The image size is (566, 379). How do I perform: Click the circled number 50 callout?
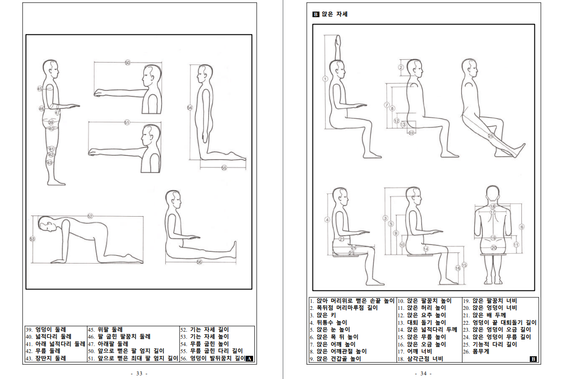(x=128, y=63)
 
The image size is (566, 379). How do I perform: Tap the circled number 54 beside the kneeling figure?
(x=190, y=108)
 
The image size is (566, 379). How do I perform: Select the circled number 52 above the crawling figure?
(x=90, y=216)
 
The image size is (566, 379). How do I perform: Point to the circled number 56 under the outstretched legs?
(x=199, y=262)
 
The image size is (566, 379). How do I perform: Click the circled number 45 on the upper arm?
(x=39, y=89)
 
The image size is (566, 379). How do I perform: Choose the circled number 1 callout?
(x=325, y=79)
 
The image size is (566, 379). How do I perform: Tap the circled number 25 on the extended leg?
(x=490, y=136)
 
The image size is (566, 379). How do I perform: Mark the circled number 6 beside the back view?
(x=522, y=227)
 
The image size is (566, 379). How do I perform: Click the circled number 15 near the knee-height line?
(x=464, y=265)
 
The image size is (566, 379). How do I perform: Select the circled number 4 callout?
(x=327, y=220)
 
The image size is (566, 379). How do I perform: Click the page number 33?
(x=139, y=373)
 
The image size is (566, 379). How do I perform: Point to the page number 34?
(x=423, y=373)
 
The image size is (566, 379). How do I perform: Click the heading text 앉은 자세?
(x=335, y=14)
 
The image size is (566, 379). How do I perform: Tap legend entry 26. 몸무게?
(x=476, y=352)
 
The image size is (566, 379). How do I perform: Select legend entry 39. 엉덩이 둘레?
(x=46, y=329)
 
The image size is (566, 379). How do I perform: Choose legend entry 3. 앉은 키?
(x=323, y=315)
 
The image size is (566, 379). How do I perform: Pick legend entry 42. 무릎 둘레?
(x=43, y=351)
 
